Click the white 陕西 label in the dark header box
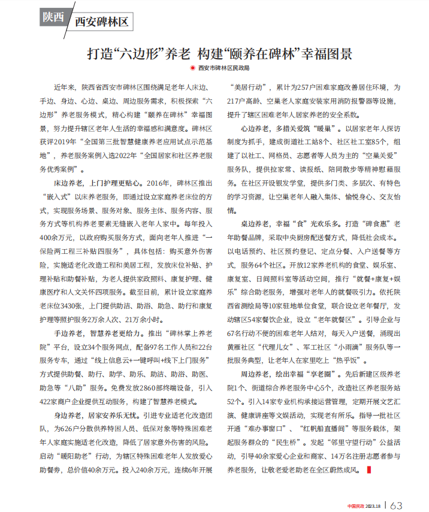[x=53, y=17]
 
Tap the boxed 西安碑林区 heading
[x=102, y=22]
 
